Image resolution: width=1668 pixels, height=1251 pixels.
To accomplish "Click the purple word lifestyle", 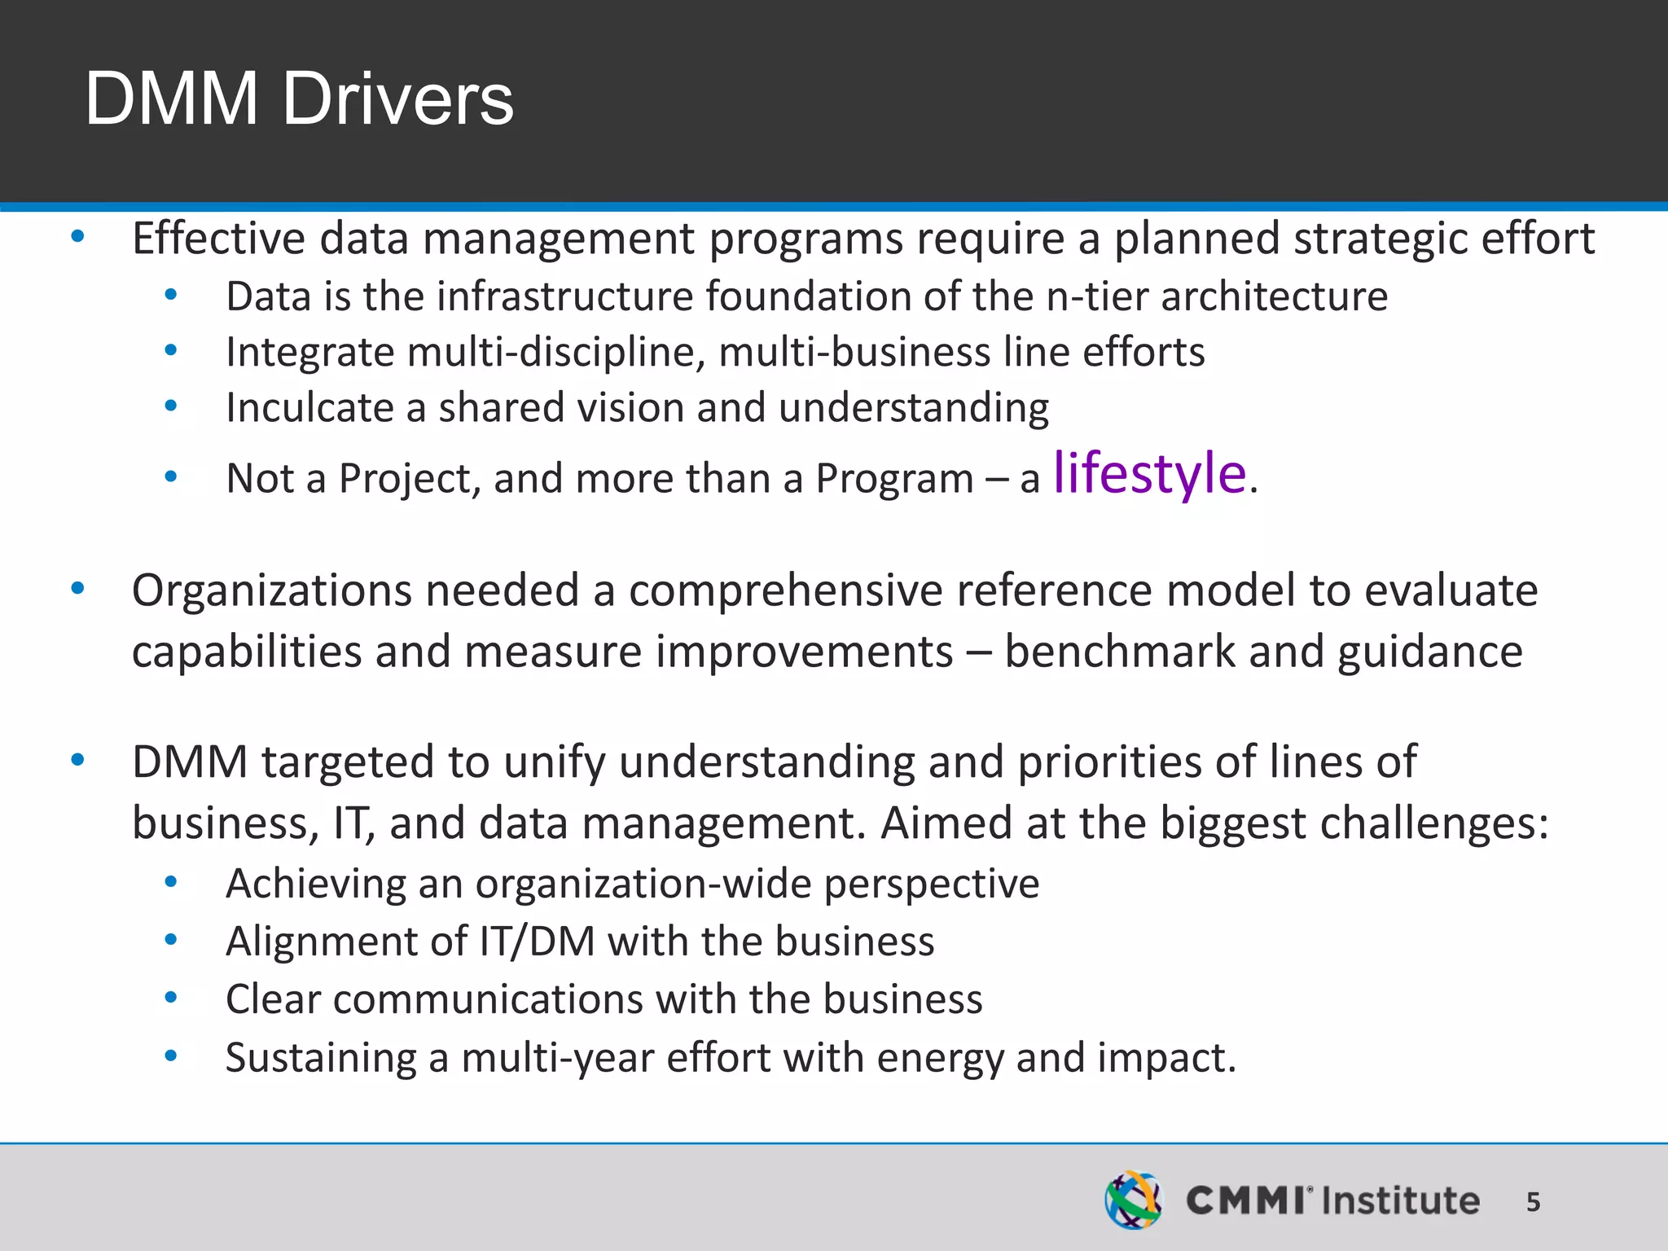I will (x=1149, y=473).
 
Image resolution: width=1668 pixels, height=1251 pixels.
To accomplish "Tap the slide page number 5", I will (x=1533, y=1201).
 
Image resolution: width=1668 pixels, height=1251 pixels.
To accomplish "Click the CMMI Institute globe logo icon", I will (x=1133, y=1200).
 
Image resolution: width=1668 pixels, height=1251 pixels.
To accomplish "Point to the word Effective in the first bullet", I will (x=218, y=239).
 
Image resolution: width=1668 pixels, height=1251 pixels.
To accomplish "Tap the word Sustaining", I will (x=320, y=1059).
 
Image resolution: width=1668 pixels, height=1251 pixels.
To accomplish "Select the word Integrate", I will (x=310, y=353).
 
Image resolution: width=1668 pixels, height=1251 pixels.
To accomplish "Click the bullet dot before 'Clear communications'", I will (x=170, y=998).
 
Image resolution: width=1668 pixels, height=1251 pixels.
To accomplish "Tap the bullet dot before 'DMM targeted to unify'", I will (x=77, y=761).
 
